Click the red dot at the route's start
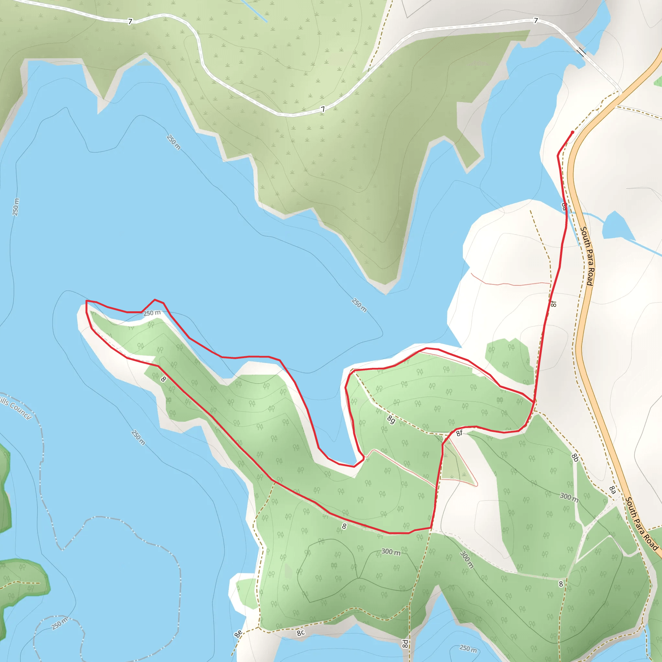(572, 132)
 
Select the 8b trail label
(575, 457)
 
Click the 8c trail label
(301, 633)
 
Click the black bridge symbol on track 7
(581, 52)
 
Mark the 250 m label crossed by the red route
(152, 313)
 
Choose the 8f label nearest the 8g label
(459, 433)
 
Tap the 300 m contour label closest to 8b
(569, 497)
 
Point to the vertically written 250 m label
(16, 207)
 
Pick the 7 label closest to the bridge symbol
(536, 21)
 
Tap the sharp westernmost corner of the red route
(86, 301)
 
